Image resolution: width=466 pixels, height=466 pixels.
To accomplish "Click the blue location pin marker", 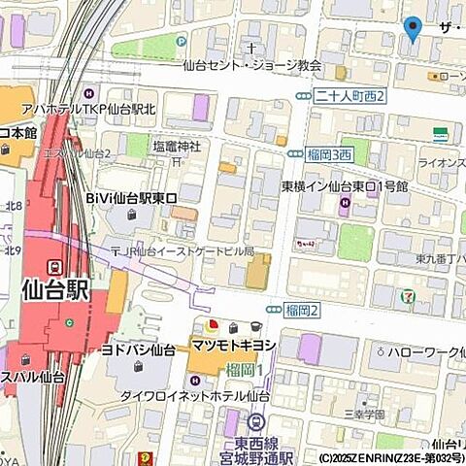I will pyautogui.click(x=413, y=29).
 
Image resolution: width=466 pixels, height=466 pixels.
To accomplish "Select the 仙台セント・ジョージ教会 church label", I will pyautogui.click(x=251, y=66).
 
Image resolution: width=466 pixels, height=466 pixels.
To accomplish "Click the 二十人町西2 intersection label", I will pyautogui.click(x=351, y=95).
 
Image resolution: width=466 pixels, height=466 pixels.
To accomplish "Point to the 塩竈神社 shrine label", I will pyautogui.click(x=176, y=146).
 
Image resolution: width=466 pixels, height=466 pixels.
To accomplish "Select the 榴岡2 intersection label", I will pyautogui.click(x=303, y=310).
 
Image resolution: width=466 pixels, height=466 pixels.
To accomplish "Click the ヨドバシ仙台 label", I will pyautogui.click(x=139, y=349).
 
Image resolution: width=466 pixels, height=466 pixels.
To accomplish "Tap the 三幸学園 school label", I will pyautogui.click(x=364, y=415).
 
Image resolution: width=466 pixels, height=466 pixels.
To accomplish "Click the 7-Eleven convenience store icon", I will pyautogui.click(x=409, y=296).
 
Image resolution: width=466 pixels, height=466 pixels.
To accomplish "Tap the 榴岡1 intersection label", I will pyautogui.click(x=247, y=370).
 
